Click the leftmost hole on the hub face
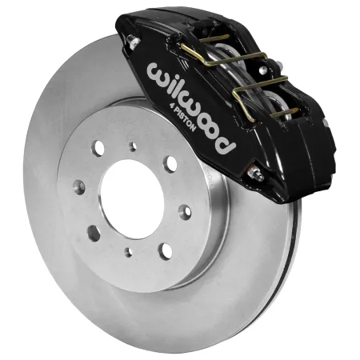click(x=78, y=186)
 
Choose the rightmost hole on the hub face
click(x=186, y=211)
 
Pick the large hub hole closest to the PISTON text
click(x=170, y=163)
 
